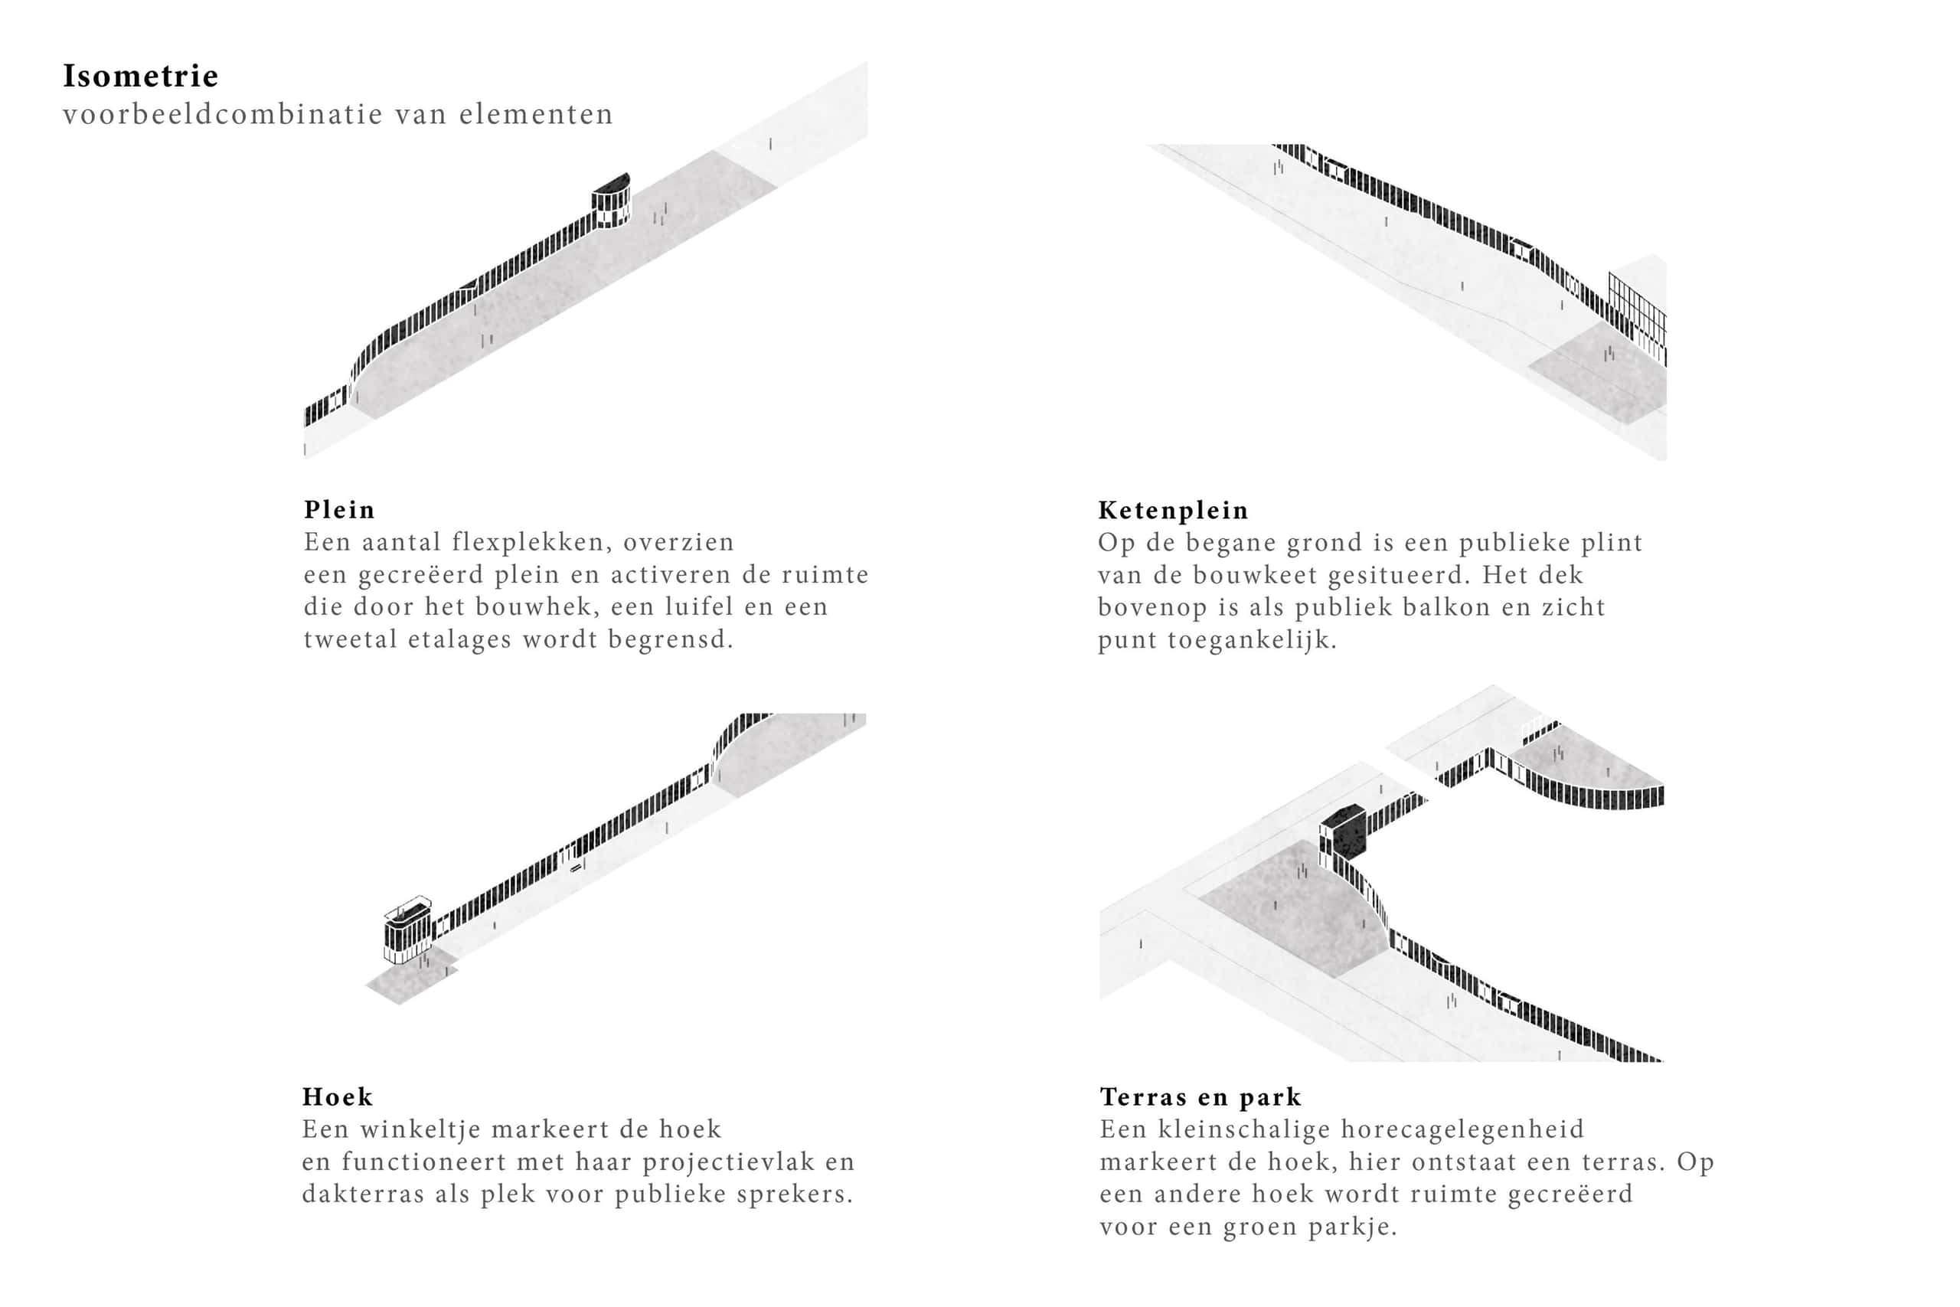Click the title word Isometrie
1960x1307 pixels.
(x=140, y=76)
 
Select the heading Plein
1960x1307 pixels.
(x=339, y=509)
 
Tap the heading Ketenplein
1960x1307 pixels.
(x=1172, y=510)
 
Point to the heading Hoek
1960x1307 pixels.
(x=338, y=1096)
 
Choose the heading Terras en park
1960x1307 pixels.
(x=1200, y=1097)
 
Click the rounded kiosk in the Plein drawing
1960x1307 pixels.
(x=611, y=201)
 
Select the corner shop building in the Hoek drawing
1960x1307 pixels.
(x=407, y=930)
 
